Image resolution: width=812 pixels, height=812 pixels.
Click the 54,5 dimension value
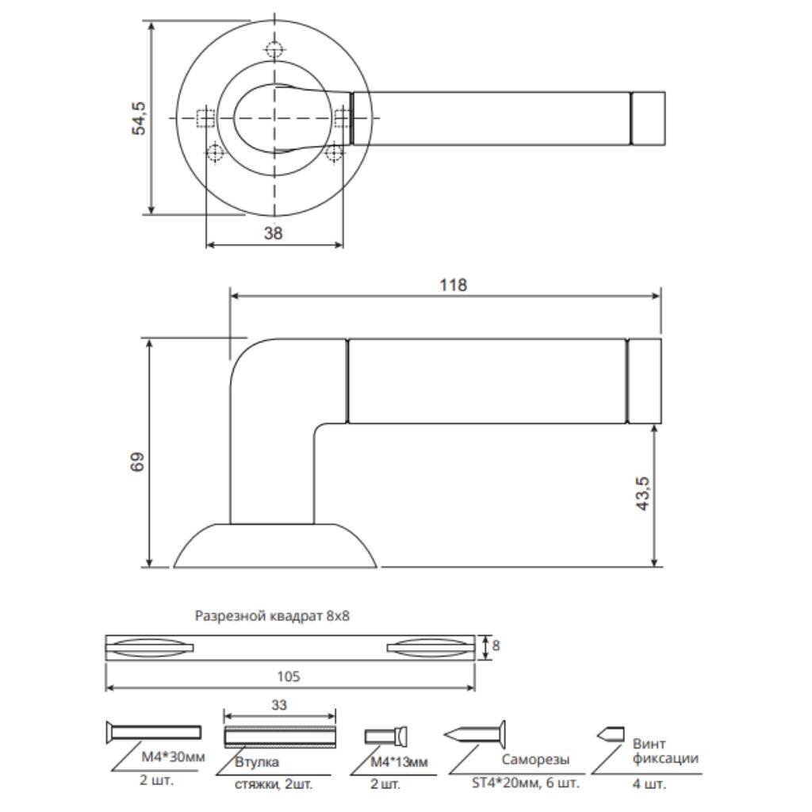(139, 119)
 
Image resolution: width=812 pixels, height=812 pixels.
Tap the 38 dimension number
(274, 233)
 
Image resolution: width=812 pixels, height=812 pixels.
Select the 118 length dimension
(453, 285)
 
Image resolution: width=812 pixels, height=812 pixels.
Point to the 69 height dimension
(138, 462)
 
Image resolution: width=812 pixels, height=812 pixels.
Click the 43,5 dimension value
(642, 493)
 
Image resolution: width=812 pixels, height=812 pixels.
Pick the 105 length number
(289, 676)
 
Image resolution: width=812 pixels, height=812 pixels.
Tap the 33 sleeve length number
(279, 705)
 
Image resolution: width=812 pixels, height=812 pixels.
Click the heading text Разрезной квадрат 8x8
(272, 615)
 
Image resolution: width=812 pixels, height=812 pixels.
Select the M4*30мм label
(174, 756)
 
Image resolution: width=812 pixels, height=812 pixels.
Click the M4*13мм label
(400, 762)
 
